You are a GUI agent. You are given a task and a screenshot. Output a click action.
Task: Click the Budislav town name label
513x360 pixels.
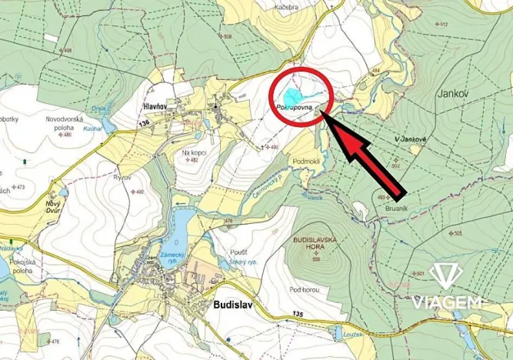228,305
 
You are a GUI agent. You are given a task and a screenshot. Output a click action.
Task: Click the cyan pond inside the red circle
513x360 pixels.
291,96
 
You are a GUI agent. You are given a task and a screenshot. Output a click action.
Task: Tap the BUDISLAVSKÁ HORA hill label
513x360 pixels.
315,245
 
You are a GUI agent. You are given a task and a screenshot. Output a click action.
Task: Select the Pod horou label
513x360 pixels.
305,289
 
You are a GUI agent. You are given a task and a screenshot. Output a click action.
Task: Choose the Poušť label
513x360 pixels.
239,252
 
